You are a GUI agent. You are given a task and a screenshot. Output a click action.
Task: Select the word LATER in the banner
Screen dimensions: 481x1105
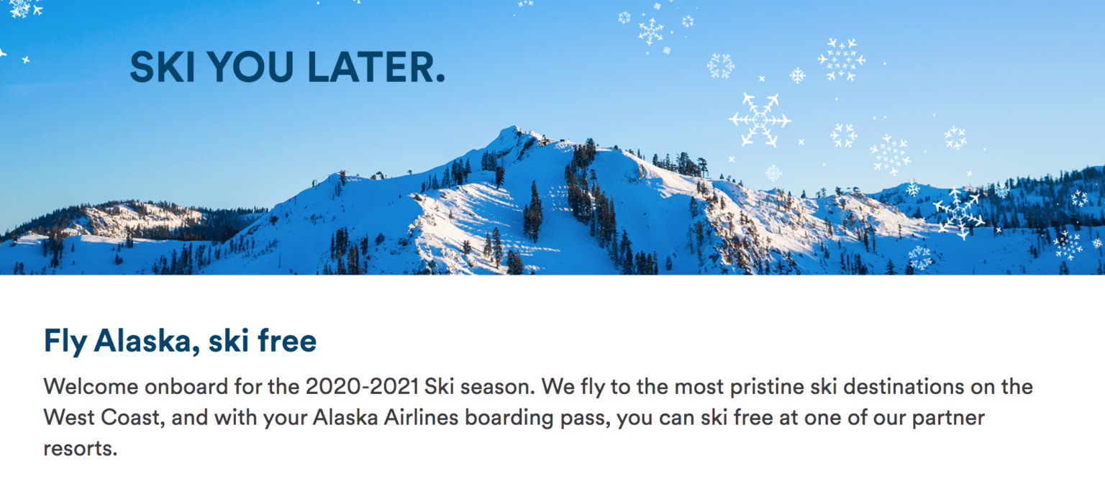coord(374,67)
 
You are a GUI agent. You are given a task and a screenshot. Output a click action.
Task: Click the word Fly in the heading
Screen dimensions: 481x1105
coord(65,341)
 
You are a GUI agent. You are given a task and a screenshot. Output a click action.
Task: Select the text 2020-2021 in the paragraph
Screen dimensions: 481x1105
coord(362,386)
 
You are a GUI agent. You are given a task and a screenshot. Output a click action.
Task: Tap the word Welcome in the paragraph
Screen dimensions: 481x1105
coord(90,386)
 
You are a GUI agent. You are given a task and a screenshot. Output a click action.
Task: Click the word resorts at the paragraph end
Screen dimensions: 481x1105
coord(79,449)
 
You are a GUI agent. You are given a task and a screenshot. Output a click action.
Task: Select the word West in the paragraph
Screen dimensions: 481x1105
coord(68,418)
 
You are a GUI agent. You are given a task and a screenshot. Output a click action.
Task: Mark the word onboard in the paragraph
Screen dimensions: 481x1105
coord(186,386)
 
